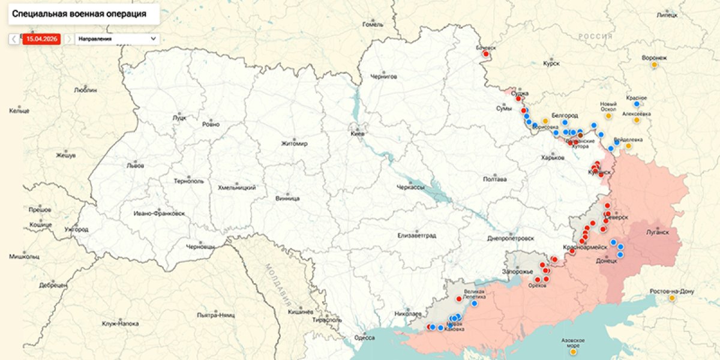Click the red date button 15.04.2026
[41, 39]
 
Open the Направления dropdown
[117, 39]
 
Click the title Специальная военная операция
[83, 13]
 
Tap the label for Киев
[357, 134]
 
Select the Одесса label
[365, 337]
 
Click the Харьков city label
[552, 157]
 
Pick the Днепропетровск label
[510, 238]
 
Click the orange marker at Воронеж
[655, 66]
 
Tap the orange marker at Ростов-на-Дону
[672, 298]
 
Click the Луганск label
[657, 231]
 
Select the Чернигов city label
[384, 77]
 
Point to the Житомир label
[294, 143]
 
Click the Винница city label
[287, 197]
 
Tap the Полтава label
[494, 179]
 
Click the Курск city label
[551, 63]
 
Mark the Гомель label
[373, 25]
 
